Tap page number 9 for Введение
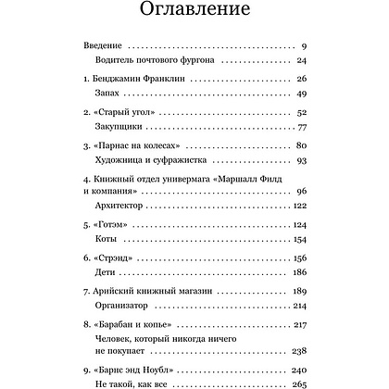coord(303,44)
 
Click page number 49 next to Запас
coord(300,94)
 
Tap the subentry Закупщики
coord(119,130)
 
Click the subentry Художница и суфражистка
coord(152,165)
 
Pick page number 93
coord(300,165)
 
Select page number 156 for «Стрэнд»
coord(298,270)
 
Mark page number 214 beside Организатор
coord(298,320)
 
